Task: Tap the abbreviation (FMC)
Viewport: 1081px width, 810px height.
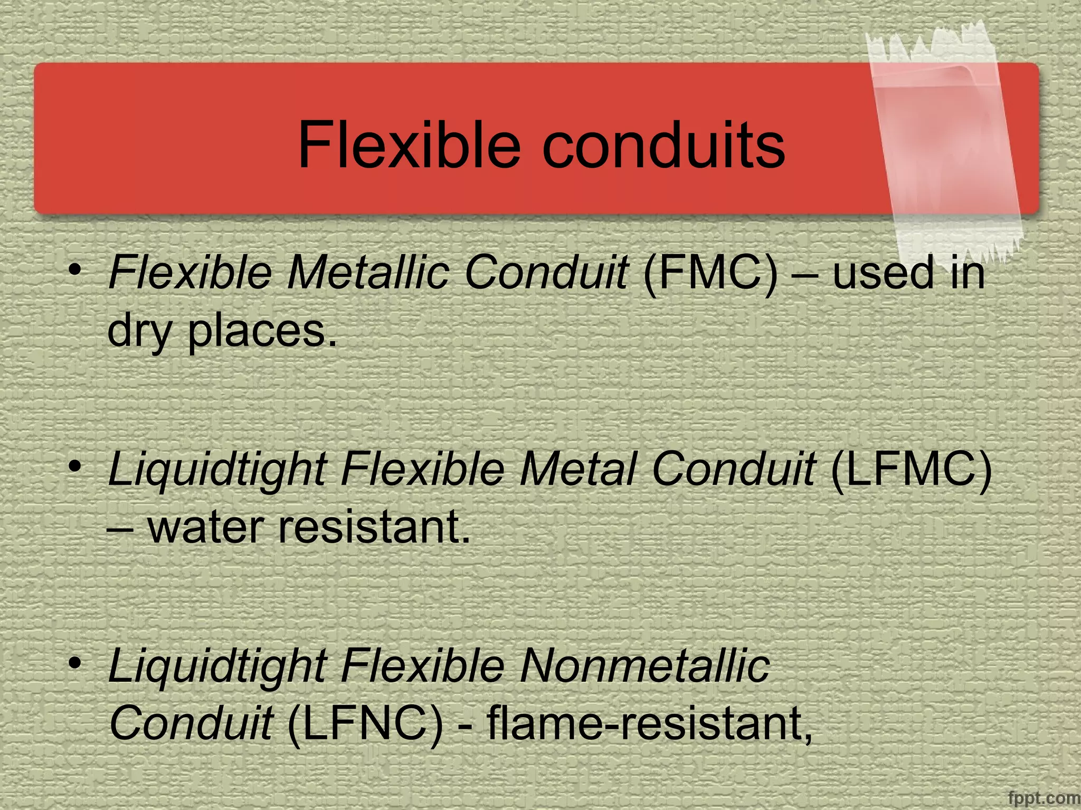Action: tap(710, 273)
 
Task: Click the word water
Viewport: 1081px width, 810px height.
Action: tap(205, 527)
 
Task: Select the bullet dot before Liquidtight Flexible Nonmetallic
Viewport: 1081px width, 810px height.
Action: tap(77, 662)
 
